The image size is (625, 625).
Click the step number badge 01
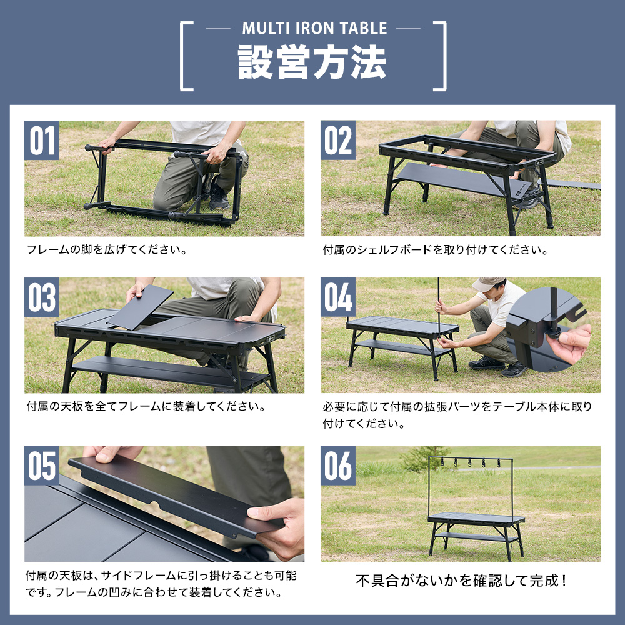pos(42,140)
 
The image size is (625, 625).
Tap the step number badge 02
pos(338,140)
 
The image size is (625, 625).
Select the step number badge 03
pos(42,297)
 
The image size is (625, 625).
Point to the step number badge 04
pos(338,297)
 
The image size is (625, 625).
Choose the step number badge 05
pos(42,466)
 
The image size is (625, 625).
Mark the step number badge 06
pos(338,466)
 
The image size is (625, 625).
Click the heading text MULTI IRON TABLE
pos(314,29)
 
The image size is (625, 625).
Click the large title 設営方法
pos(312,62)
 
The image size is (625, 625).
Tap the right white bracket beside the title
pos(441,56)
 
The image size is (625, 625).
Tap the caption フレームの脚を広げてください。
pos(107,250)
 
